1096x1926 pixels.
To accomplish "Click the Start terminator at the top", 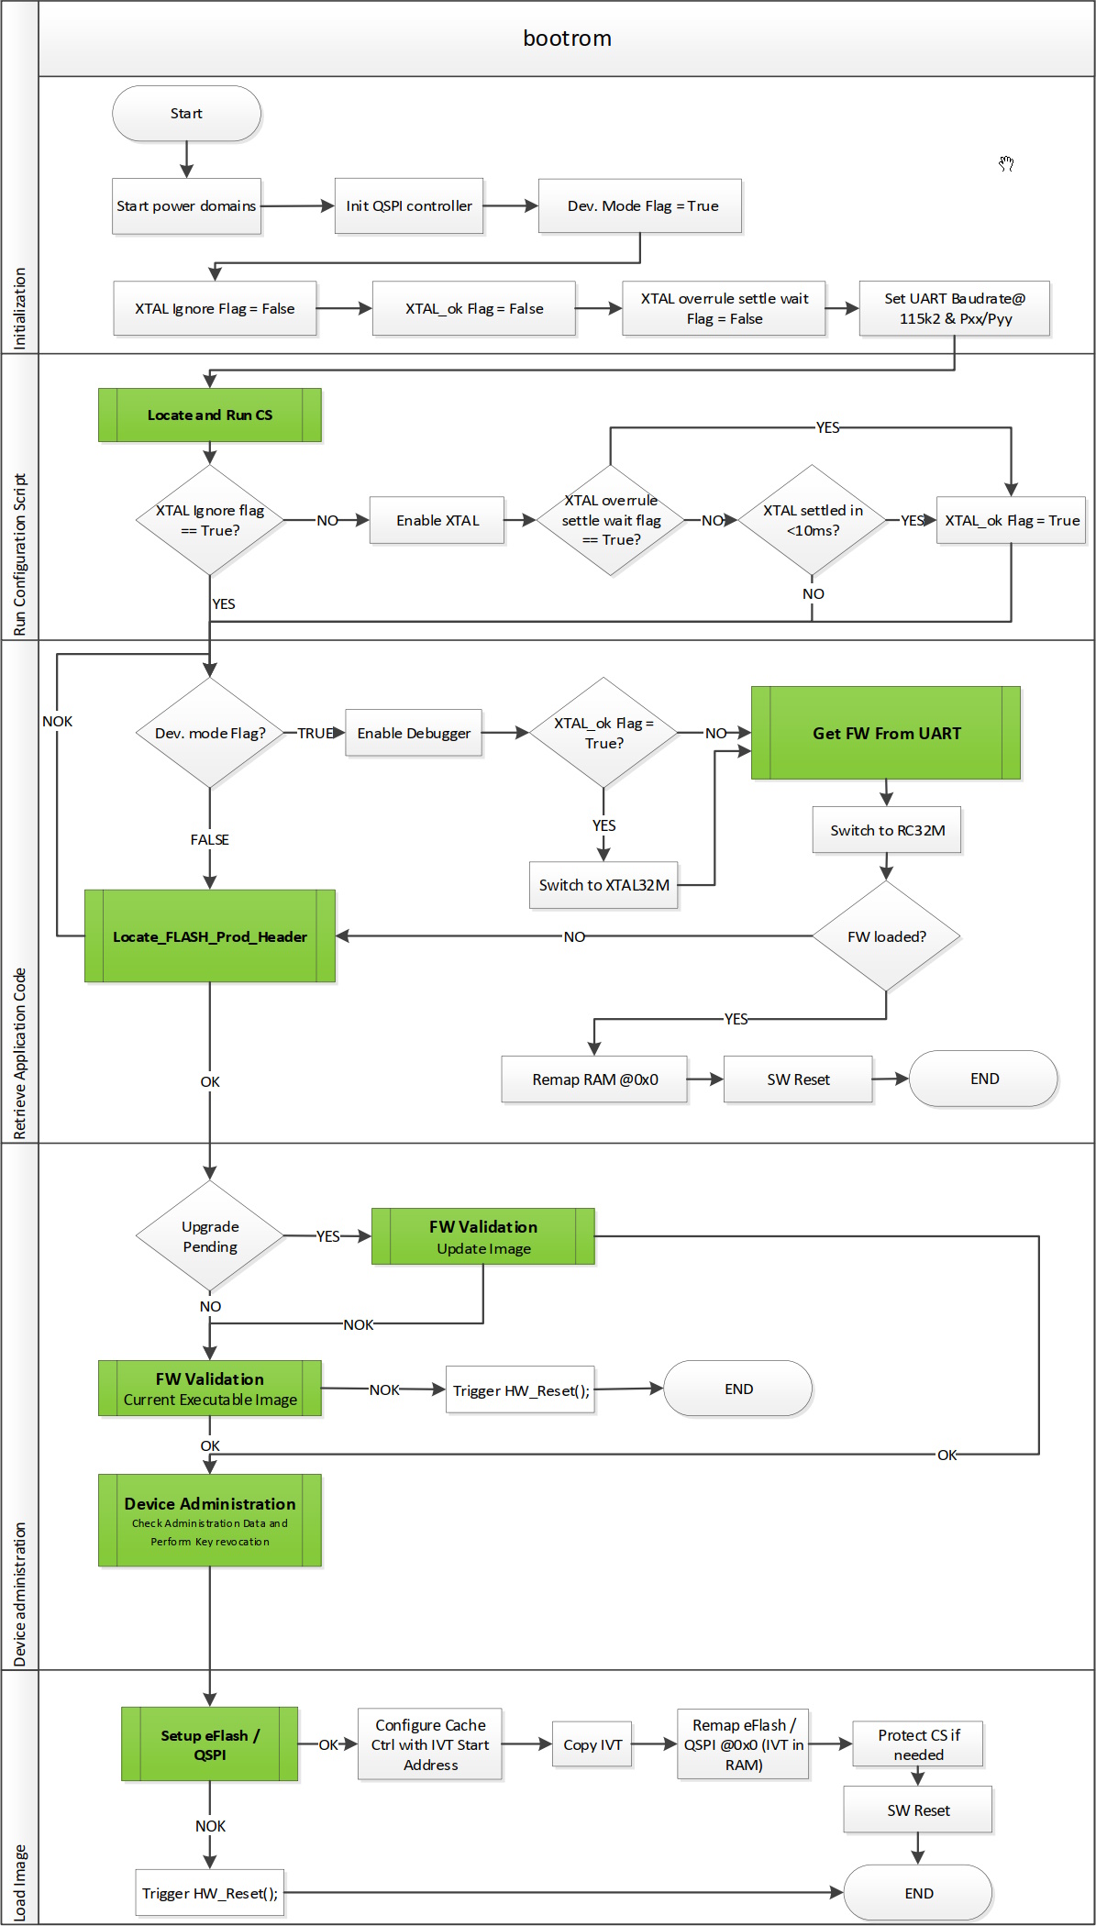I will click(x=186, y=114).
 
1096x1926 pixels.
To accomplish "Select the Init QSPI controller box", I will click(x=409, y=206).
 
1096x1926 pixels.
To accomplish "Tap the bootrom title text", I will click(x=567, y=39).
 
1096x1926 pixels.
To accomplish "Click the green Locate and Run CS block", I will click(x=210, y=415).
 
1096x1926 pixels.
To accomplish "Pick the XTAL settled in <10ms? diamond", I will click(x=813, y=520).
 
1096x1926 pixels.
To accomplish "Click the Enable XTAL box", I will click(x=437, y=521).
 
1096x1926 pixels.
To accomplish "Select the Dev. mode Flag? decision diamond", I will click(x=210, y=733).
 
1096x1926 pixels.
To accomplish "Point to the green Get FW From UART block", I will click(x=886, y=733).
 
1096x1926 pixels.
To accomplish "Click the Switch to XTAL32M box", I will click(x=603, y=885).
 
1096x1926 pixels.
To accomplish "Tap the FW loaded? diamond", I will click(x=886, y=936).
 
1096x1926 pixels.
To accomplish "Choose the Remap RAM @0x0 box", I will click(x=594, y=1079).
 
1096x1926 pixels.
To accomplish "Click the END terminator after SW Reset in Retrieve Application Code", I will click(x=983, y=1079).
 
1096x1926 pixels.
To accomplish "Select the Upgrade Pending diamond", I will click(x=210, y=1236).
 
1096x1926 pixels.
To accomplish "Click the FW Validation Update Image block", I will click(x=483, y=1236).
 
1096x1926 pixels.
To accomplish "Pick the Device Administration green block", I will click(x=210, y=1520).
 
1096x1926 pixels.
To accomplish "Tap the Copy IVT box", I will click(x=592, y=1744).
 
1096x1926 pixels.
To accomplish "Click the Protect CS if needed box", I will click(x=918, y=1744).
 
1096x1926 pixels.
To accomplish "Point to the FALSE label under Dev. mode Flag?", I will click(x=210, y=839).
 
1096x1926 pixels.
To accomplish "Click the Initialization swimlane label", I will click(x=19, y=308).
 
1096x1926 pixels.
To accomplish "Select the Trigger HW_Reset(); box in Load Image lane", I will click(x=210, y=1893).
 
